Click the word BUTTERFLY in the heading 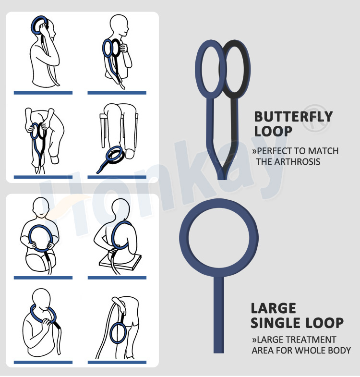(x=293, y=117)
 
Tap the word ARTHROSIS (x=297, y=161)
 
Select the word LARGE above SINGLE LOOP (x=273, y=308)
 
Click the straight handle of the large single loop (x=219, y=315)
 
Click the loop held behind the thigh (x=111, y=333)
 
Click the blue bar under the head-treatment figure (x=43, y=93)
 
